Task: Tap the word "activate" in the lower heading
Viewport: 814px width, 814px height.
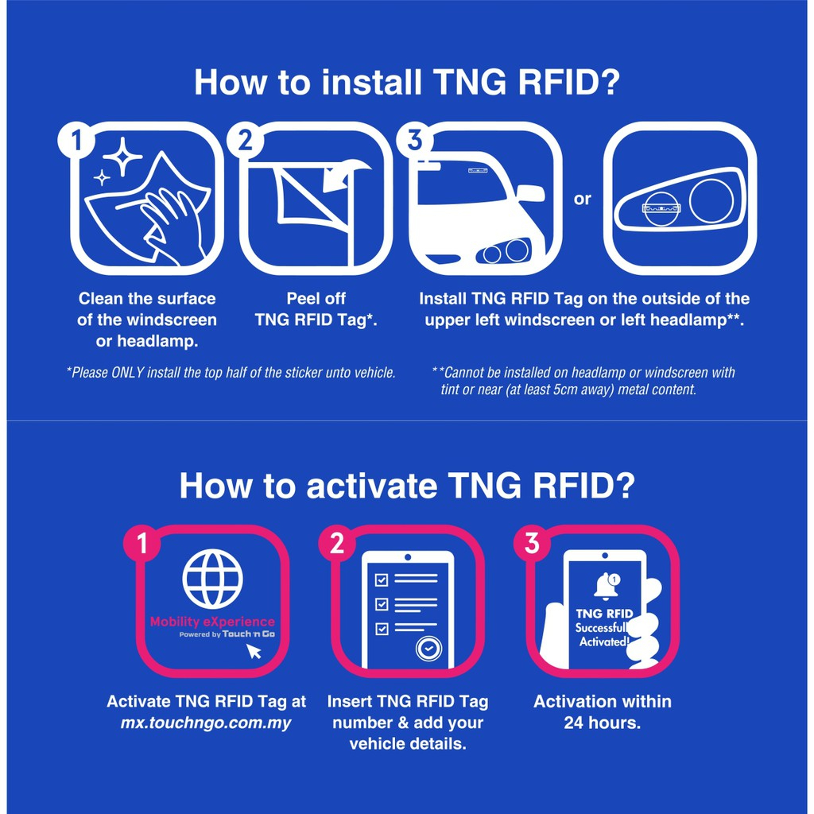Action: coord(371,486)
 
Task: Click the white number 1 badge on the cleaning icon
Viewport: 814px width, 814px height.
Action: coord(77,140)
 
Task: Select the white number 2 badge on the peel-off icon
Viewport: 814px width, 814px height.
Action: coord(246,140)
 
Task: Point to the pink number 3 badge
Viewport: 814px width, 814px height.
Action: coord(532,544)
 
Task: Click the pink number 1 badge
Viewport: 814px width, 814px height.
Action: coord(141,544)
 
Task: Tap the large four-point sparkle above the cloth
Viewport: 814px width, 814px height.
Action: coord(122,157)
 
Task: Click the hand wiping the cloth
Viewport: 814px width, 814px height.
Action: coord(174,223)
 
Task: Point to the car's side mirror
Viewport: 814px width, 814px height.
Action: coord(530,193)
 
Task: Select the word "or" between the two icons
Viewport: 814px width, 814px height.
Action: coord(583,199)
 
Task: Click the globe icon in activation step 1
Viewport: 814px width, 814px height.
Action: coord(213,579)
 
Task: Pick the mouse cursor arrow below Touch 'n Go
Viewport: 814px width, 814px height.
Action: coord(254,651)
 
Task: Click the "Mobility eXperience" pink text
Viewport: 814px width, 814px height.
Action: coord(212,622)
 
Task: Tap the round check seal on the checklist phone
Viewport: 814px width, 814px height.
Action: coord(428,649)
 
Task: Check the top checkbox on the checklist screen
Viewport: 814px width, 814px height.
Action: coord(382,579)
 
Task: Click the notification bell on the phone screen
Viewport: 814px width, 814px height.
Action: coord(605,587)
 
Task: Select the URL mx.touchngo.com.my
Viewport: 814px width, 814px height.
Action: coord(206,723)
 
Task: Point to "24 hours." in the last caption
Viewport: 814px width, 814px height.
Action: coord(603,723)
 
